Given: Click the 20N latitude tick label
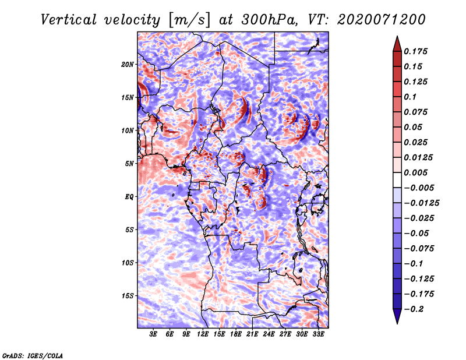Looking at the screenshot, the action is click(128, 65).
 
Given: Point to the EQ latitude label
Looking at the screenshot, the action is click(129, 197).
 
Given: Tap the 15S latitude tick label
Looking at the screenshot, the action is click(128, 296).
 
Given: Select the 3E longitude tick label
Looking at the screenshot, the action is click(153, 334).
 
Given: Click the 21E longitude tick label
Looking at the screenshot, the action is click(252, 334).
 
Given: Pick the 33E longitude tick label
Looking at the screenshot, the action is click(318, 334).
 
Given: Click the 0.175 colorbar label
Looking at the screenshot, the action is click(415, 51).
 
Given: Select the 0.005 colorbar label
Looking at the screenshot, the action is click(415, 172).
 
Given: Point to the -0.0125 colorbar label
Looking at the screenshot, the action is click(421, 203).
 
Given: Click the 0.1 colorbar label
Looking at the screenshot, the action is click(410, 97).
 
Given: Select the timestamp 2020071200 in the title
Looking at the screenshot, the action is click(382, 20).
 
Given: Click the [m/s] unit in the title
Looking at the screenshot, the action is click(189, 20).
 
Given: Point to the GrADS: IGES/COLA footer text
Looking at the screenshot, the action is click(33, 356).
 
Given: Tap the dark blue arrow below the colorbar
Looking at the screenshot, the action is click(397, 316).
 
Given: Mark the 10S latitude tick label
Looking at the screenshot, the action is click(128, 263).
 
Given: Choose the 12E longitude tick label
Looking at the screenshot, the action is click(202, 334).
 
